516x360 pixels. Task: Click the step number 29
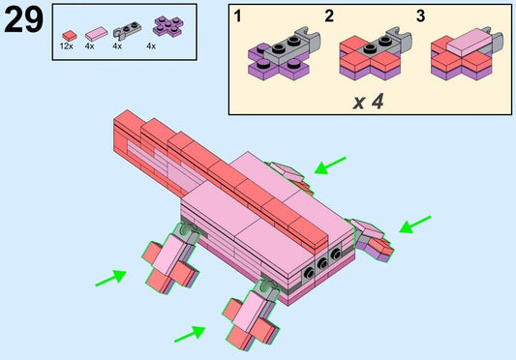(x=23, y=19)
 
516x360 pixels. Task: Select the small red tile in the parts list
(x=70, y=36)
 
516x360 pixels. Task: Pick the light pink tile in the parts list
(x=96, y=34)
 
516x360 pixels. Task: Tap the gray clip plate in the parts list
(x=128, y=31)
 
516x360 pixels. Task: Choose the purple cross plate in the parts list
(x=168, y=26)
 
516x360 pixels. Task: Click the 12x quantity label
(x=66, y=46)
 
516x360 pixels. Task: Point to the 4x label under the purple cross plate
(x=151, y=46)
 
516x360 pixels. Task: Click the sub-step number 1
(x=237, y=15)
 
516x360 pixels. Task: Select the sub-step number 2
(x=329, y=15)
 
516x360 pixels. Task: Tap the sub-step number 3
(x=420, y=15)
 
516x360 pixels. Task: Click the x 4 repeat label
(x=368, y=102)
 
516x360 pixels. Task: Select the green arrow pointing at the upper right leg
(x=330, y=165)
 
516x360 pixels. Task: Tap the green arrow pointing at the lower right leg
(x=415, y=225)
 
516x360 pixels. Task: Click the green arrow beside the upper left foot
(x=111, y=278)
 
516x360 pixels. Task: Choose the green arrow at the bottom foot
(x=190, y=334)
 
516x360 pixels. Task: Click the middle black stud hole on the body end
(x=322, y=263)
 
